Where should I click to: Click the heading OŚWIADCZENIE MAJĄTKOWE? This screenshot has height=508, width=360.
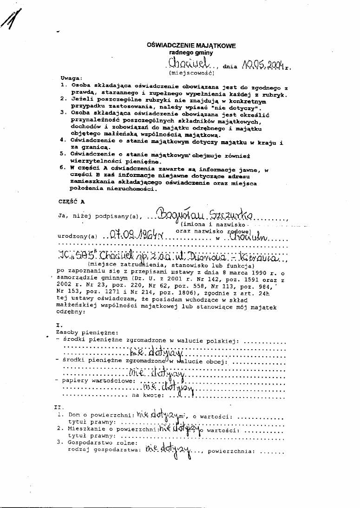(191, 46)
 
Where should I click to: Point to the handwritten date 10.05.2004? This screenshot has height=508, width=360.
(261, 65)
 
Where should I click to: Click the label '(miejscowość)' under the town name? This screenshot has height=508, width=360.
(191, 73)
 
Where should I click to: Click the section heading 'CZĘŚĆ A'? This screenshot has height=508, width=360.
(72, 202)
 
